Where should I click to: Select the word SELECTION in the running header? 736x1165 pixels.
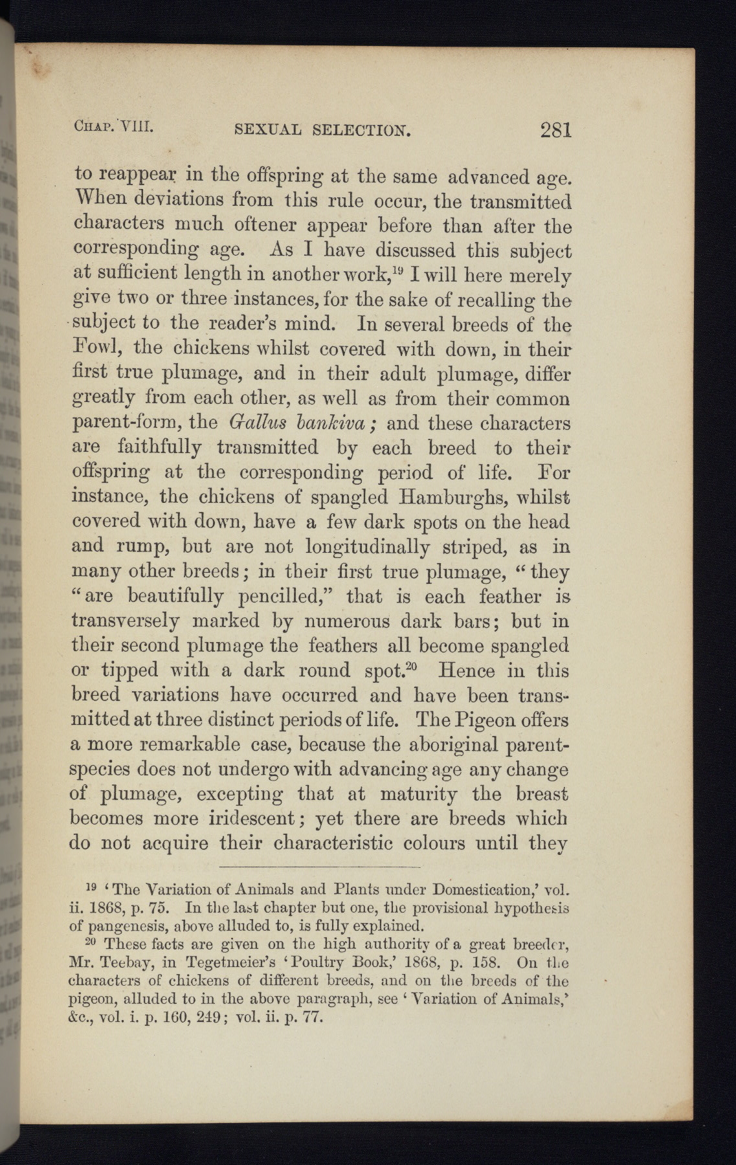click(x=361, y=131)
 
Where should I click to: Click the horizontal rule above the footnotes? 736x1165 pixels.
click(x=320, y=866)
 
